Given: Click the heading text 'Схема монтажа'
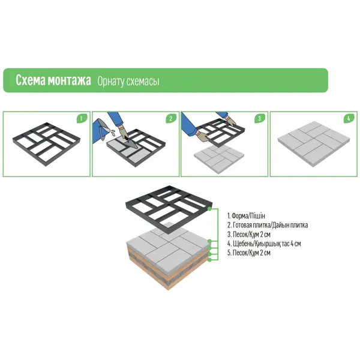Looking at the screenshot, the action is click(x=53, y=80).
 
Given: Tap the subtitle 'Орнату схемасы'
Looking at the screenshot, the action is click(x=128, y=81).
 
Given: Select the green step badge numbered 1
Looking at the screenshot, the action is click(x=81, y=118).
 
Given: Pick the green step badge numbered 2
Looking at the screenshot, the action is click(x=170, y=118).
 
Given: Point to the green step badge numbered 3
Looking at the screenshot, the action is click(x=259, y=118).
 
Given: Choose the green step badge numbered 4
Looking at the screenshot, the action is click(x=349, y=118).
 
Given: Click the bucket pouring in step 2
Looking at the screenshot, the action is click(x=102, y=128).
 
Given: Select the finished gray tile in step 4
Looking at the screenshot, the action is click(x=314, y=144).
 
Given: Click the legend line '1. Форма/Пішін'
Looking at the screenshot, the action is click(x=246, y=216).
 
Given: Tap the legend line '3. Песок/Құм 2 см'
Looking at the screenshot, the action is click(x=249, y=235).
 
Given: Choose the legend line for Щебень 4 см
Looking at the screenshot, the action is click(x=264, y=244).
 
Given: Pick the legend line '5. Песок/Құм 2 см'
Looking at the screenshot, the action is click(x=249, y=253).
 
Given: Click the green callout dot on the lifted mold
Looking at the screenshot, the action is click(x=209, y=209).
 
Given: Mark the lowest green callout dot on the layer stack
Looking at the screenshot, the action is click(x=209, y=260).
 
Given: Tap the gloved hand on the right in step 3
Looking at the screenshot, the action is click(x=230, y=120).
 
